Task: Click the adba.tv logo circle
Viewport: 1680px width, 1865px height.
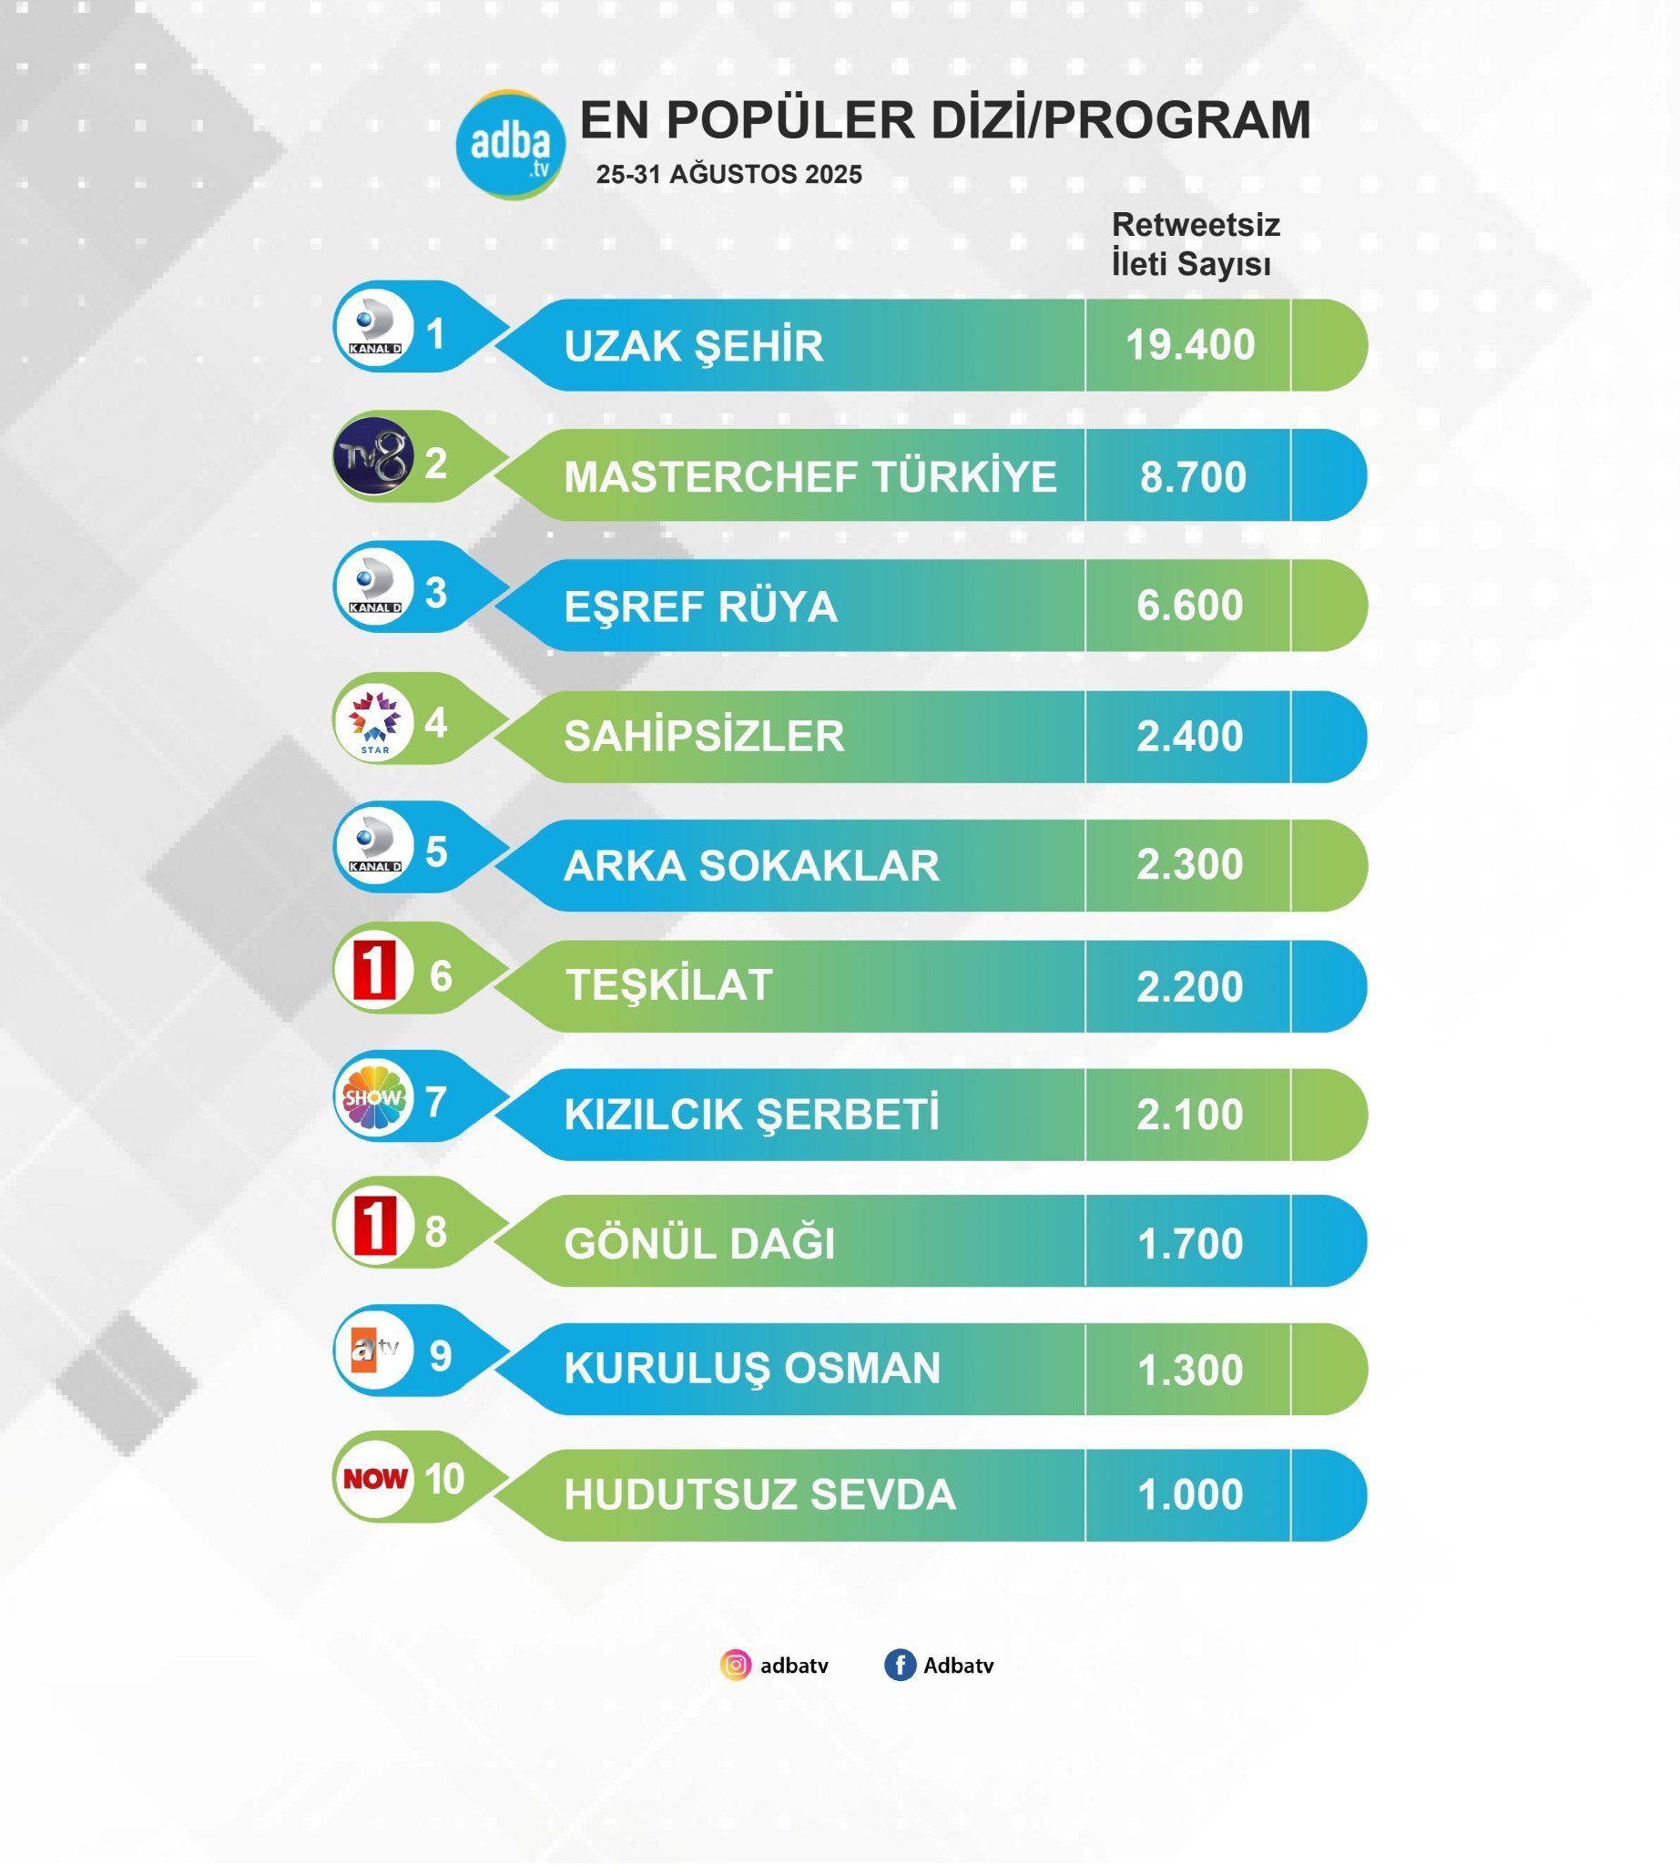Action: [511, 144]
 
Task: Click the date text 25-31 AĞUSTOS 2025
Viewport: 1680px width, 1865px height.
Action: [728, 175]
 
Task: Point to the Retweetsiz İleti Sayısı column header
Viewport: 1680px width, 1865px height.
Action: [1195, 244]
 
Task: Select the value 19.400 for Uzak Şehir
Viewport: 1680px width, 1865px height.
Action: [1189, 345]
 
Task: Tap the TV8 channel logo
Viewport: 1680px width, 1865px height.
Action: [372, 456]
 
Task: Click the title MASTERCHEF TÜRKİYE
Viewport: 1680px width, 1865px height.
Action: [809, 476]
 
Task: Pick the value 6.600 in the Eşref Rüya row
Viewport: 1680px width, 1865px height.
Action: [1189, 606]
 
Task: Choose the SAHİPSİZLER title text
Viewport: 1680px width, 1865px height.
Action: [703, 737]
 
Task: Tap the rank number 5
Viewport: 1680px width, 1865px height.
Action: [435, 852]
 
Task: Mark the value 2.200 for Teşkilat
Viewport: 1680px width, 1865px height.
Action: [1189, 987]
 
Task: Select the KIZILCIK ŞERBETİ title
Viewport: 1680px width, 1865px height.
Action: [751, 1115]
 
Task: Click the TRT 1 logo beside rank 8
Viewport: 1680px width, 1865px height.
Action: [374, 1227]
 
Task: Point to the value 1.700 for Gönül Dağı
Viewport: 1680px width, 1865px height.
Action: [1189, 1244]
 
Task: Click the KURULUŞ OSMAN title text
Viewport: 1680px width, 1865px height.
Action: [751, 1369]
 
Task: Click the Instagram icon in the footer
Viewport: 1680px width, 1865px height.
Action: [735, 1665]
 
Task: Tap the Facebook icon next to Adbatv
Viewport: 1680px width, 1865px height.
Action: [899, 1665]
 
